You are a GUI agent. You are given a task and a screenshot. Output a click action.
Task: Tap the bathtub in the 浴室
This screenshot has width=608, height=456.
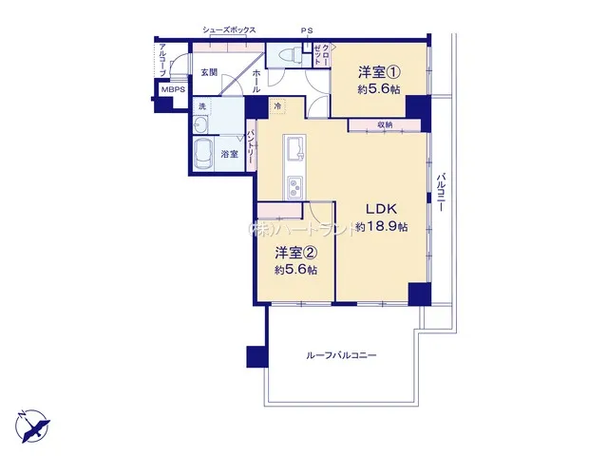(x=203, y=154)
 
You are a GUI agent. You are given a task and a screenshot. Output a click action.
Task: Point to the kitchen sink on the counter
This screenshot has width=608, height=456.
(x=295, y=149)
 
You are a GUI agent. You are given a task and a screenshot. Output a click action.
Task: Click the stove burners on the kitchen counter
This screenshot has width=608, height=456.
(x=295, y=188)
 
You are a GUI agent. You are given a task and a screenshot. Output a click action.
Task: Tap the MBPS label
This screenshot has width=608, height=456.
(x=173, y=90)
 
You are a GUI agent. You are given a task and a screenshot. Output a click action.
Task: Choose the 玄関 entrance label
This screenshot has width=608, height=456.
(x=209, y=72)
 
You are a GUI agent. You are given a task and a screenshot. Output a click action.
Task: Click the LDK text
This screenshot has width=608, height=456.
(x=382, y=209)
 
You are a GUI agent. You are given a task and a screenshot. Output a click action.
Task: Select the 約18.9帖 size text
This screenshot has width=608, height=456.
(x=382, y=227)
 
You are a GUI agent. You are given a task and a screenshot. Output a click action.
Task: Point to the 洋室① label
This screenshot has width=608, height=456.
(x=379, y=72)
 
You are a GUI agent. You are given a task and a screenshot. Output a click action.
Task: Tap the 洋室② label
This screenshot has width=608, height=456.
(x=295, y=254)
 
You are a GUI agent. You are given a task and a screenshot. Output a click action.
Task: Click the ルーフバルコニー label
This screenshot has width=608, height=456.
(x=341, y=355)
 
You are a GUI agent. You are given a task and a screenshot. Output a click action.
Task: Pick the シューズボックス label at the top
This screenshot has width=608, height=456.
(x=229, y=29)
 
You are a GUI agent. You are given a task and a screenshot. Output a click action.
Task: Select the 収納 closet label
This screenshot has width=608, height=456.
(x=385, y=124)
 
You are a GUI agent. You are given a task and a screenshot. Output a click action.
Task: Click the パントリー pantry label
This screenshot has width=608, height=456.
(x=251, y=146)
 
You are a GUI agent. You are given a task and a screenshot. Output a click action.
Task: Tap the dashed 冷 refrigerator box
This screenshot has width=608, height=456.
(x=277, y=105)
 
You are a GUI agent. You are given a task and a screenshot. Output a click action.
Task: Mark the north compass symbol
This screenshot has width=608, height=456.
(x=33, y=427)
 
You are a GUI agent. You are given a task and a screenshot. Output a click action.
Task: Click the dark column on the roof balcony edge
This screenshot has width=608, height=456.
(x=257, y=356)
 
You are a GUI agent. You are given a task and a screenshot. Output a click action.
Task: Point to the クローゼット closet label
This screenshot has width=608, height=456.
(x=322, y=55)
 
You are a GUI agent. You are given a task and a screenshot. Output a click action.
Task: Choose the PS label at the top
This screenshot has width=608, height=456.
(x=307, y=31)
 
